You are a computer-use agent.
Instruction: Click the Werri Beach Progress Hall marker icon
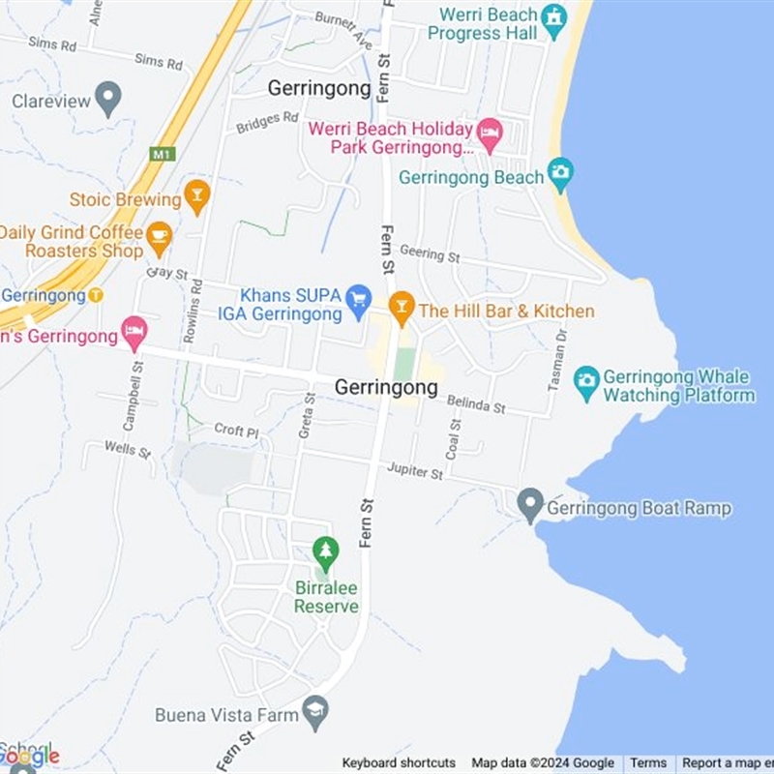pos(553,18)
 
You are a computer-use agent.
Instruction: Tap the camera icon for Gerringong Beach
pos(560,174)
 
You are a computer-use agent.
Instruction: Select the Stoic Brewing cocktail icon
pos(197,195)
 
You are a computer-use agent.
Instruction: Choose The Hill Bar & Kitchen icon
pos(402,307)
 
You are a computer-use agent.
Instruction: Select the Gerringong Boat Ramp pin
pos(529,504)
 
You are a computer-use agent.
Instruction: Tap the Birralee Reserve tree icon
pos(326,552)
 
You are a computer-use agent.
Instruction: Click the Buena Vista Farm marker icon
pos(315,712)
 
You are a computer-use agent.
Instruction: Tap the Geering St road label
pos(429,254)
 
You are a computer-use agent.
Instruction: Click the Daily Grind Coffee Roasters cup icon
pos(159,235)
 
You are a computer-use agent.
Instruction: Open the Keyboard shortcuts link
pos(399,763)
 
